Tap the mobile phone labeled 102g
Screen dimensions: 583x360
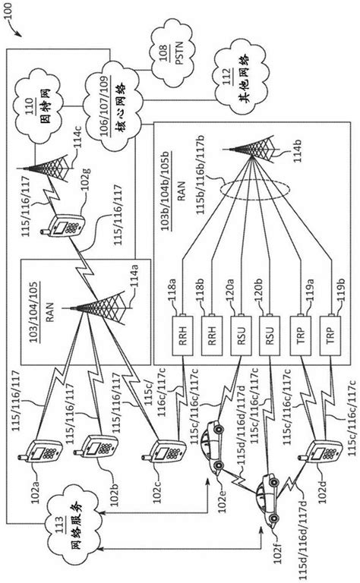pyautogui.click(x=66, y=219)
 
